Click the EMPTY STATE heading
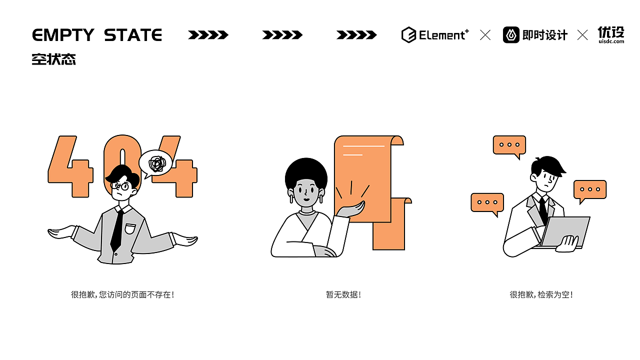tap(97, 35)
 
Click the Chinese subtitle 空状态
tap(53, 59)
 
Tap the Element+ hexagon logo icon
tap(408, 35)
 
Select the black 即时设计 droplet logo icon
tap(511, 35)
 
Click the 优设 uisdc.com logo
tap(611, 35)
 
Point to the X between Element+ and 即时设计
tap(485, 35)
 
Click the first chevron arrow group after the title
tap(208, 35)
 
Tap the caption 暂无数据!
tap(343, 294)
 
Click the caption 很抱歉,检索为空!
tap(541, 294)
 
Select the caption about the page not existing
tap(122, 294)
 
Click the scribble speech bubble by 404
tap(155, 163)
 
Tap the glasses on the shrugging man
tap(120, 186)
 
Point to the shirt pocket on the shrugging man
tap(130, 228)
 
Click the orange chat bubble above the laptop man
tap(509, 145)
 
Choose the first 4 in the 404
tap(70, 167)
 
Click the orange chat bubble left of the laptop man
tap(487, 202)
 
